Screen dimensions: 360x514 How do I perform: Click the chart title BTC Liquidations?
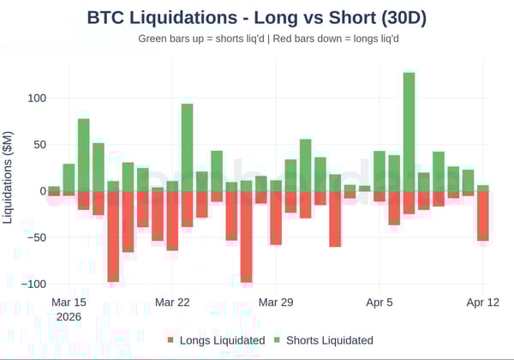[257, 17]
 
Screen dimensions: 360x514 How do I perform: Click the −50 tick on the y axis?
[31, 237]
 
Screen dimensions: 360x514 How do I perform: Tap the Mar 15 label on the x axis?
[69, 303]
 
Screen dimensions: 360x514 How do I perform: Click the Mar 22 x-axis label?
[172, 303]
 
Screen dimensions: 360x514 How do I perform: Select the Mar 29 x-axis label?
[276, 303]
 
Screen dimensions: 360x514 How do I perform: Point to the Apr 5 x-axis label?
[380, 303]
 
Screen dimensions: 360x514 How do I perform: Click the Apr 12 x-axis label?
[483, 303]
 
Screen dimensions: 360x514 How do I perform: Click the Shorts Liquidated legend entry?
[329, 340]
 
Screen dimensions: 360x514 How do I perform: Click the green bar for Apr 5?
[380, 171]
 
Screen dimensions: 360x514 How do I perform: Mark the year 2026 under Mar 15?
[69, 316]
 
